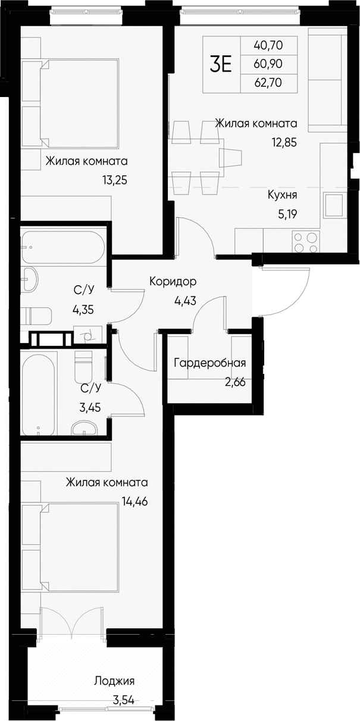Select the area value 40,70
pyautogui.click(x=268, y=45)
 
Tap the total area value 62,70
pyautogui.click(x=268, y=83)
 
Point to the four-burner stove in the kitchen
pyautogui.click(x=305, y=241)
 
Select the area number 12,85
pyautogui.click(x=283, y=142)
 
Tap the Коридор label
pyautogui.click(x=173, y=281)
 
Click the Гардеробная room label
pyautogui.click(x=209, y=363)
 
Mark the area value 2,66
pyautogui.click(x=234, y=382)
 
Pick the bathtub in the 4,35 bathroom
pyautogui.click(x=62, y=246)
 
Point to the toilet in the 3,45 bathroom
pyautogui.click(x=83, y=367)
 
